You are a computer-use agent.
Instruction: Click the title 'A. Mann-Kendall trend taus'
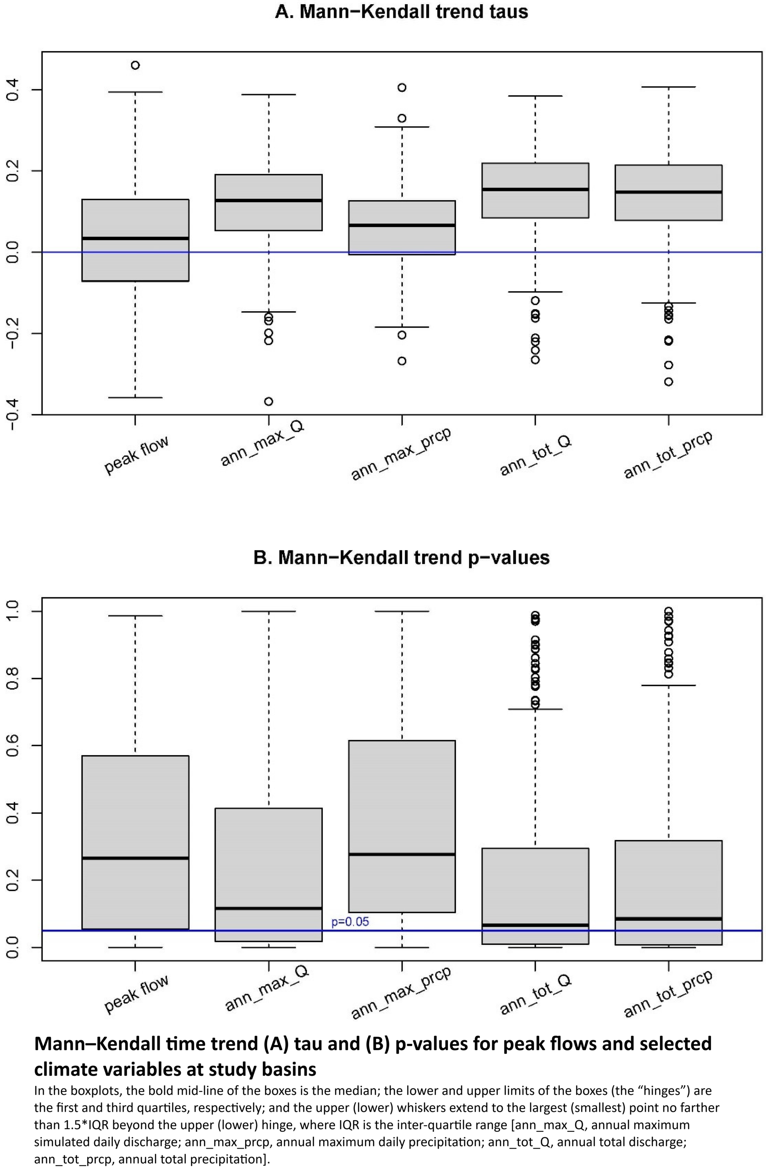click(x=401, y=12)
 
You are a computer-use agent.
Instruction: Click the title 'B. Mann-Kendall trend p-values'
click(x=401, y=558)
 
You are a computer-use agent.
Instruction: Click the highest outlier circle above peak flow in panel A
click(x=135, y=65)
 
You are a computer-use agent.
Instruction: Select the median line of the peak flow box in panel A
click(x=135, y=239)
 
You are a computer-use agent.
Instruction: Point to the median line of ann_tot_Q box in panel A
click(x=535, y=190)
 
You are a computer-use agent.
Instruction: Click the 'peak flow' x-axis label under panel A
click(x=136, y=454)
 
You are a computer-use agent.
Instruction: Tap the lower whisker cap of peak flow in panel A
click(x=135, y=398)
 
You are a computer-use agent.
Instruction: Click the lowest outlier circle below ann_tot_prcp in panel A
click(x=669, y=382)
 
